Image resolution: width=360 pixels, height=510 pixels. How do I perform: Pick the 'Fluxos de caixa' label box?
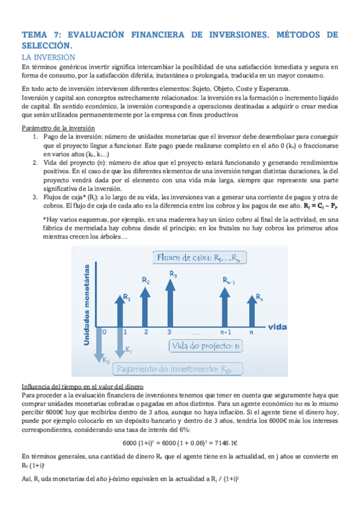198,258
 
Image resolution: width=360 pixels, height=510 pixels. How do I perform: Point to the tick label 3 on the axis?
171,332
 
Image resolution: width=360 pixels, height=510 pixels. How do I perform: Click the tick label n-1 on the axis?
226,332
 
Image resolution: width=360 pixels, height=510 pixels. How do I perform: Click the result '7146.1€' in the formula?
230,442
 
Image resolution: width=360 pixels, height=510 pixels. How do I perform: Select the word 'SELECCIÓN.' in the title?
46,46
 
